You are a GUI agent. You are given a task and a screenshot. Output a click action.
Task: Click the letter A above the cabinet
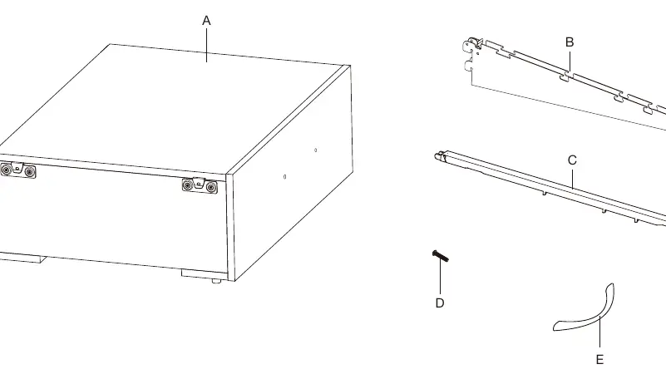point(206,21)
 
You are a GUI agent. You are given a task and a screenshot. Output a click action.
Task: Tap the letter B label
point(570,42)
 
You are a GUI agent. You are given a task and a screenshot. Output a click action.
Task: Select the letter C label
point(572,160)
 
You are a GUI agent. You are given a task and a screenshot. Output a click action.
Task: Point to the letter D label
point(440,303)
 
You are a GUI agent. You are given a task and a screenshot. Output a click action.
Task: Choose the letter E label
point(599,360)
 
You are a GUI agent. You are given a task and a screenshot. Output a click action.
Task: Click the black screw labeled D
point(440,256)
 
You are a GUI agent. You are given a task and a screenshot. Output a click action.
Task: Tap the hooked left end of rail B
point(472,46)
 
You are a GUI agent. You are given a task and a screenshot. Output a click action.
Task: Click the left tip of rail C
point(437,156)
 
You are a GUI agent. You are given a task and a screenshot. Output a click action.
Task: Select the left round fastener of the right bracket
point(187,185)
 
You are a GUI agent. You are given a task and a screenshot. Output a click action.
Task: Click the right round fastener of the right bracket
point(211,187)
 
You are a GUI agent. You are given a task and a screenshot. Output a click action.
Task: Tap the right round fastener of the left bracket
point(29,171)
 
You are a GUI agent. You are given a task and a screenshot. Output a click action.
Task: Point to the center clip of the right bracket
point(199,183)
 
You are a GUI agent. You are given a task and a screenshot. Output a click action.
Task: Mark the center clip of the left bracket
point(17,168)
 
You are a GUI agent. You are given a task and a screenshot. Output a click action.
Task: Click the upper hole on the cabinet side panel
point(315,150)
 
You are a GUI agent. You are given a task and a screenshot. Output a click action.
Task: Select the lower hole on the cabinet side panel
point(284,176)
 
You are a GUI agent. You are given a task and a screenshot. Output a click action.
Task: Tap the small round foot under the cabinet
point(217,281)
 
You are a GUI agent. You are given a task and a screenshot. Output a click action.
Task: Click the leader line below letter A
point(207,45)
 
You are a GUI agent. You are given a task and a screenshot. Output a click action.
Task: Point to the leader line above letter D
point(441,277)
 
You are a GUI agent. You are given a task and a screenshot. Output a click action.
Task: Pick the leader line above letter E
point(599,333)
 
